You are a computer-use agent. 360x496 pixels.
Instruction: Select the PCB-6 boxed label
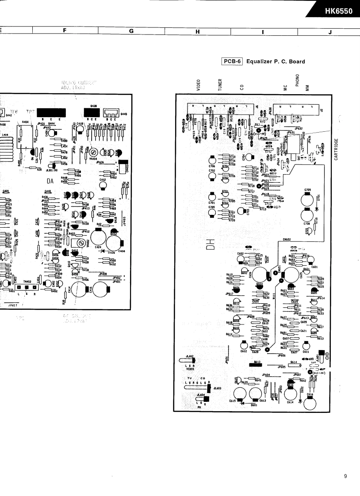[x=233, y=61]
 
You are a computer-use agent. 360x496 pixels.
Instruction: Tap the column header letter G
[x=131, y=31]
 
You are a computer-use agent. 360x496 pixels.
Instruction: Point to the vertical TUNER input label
[x=220, y=85]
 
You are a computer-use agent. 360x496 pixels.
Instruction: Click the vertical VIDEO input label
[x=199, y=85]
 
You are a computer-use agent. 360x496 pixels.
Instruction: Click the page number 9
[x=345, y=476]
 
